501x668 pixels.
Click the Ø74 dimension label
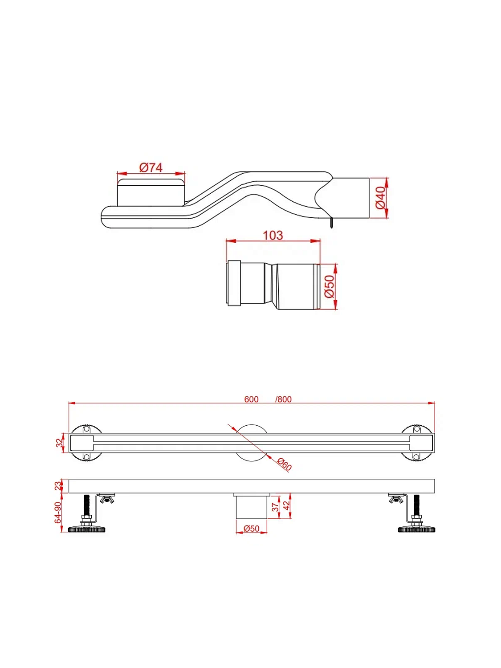tap(151, 167)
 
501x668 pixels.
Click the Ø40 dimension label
tap(380, 198)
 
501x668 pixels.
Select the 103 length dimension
tap(273, 235)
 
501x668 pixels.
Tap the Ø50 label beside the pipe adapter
tap(329, 286)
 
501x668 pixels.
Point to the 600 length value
tap(251, 399)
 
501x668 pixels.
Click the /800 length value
tap(283, 399)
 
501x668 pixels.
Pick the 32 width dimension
tap(60, 443)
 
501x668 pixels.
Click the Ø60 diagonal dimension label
tap(284, 464)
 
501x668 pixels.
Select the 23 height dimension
tap(58, 486)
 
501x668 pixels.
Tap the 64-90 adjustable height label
tap(58, 513)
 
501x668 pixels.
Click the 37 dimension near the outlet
tap(275, 507)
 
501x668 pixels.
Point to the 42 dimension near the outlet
tap(286, 505)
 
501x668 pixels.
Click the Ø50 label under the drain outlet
tap(251, 529)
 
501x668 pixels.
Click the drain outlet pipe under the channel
tap(251, 508)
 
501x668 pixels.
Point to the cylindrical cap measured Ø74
tap(151, 192)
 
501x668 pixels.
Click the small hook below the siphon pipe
tap(331, 223)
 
